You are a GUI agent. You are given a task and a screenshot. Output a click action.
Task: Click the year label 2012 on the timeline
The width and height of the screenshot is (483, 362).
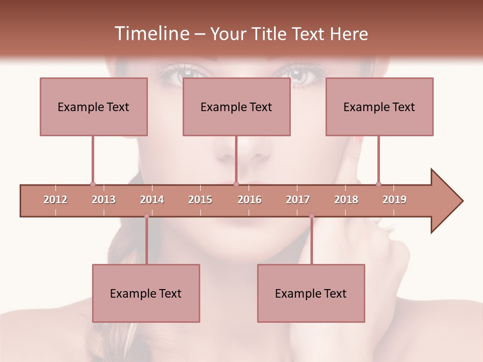(x=55, y=200)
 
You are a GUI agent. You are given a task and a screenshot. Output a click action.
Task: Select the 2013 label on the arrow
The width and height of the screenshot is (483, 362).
(x=104, y=200)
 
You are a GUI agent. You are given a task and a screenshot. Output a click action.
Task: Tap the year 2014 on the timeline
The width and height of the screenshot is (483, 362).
(x=152, y=200)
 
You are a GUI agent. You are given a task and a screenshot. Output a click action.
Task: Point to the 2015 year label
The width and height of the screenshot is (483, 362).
(x=200, y=200)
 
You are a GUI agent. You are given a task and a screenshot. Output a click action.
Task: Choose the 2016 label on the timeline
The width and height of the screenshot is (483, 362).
(x=250, y=200)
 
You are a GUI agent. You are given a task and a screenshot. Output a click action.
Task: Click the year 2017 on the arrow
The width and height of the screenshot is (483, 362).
(x=298, y=200)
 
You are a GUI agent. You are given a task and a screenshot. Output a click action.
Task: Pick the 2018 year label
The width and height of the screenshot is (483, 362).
(x=346, y=200)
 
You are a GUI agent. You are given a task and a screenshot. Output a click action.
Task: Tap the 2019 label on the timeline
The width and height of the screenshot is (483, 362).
(x=394, y=200)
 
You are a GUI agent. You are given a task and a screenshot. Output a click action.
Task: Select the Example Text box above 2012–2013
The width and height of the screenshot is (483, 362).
(x=94, y=107)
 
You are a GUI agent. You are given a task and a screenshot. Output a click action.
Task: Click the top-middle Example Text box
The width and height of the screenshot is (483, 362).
(x=236, y=107)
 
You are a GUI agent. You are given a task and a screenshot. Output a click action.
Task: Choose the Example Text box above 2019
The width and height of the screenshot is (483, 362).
(x=379, y=107)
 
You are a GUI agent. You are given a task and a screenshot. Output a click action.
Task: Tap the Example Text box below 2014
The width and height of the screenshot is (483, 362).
(x=146, y=293)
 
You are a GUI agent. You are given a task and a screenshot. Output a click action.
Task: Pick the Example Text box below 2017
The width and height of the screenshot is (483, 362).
(x=311, y=293)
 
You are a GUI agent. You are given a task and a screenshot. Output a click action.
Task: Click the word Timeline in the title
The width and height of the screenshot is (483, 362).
(x=151, y=34)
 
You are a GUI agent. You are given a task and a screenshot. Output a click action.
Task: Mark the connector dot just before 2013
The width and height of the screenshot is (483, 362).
(x=93, y=185)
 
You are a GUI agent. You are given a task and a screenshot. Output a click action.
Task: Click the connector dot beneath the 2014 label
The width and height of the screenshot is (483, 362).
(x=146, y=216)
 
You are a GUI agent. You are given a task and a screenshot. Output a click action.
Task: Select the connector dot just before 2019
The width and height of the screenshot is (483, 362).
(x=378, y=185)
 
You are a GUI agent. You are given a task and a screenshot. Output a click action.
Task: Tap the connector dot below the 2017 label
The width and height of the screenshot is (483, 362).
(x=311, y=216)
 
